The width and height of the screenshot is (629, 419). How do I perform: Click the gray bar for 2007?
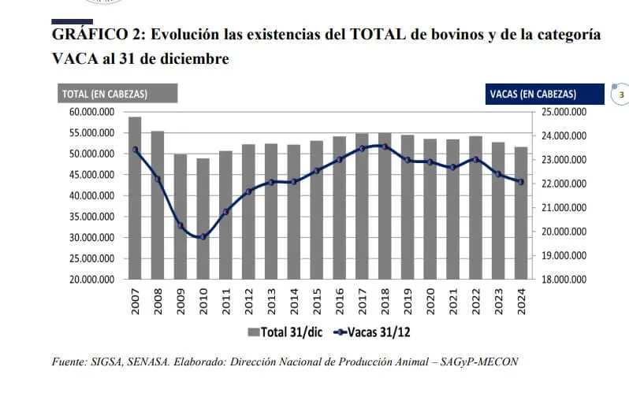click(135, 197)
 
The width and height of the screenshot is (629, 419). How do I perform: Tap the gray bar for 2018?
click(385, 206)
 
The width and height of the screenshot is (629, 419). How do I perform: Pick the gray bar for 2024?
click(521, 213)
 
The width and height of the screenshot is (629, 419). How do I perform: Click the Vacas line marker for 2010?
click(203, 236)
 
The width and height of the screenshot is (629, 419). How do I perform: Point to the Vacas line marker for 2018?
click(385, 146)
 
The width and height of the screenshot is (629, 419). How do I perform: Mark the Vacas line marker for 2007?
click(135, 150)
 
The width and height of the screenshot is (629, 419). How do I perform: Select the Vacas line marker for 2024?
click(521, 182)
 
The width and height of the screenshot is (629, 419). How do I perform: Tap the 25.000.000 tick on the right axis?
click(564, 112)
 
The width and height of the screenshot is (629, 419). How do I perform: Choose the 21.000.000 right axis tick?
click(564, 208)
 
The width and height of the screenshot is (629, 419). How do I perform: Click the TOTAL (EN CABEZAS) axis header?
click(105, 95)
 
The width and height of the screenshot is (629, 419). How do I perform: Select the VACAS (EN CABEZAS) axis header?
click(533, 95)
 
